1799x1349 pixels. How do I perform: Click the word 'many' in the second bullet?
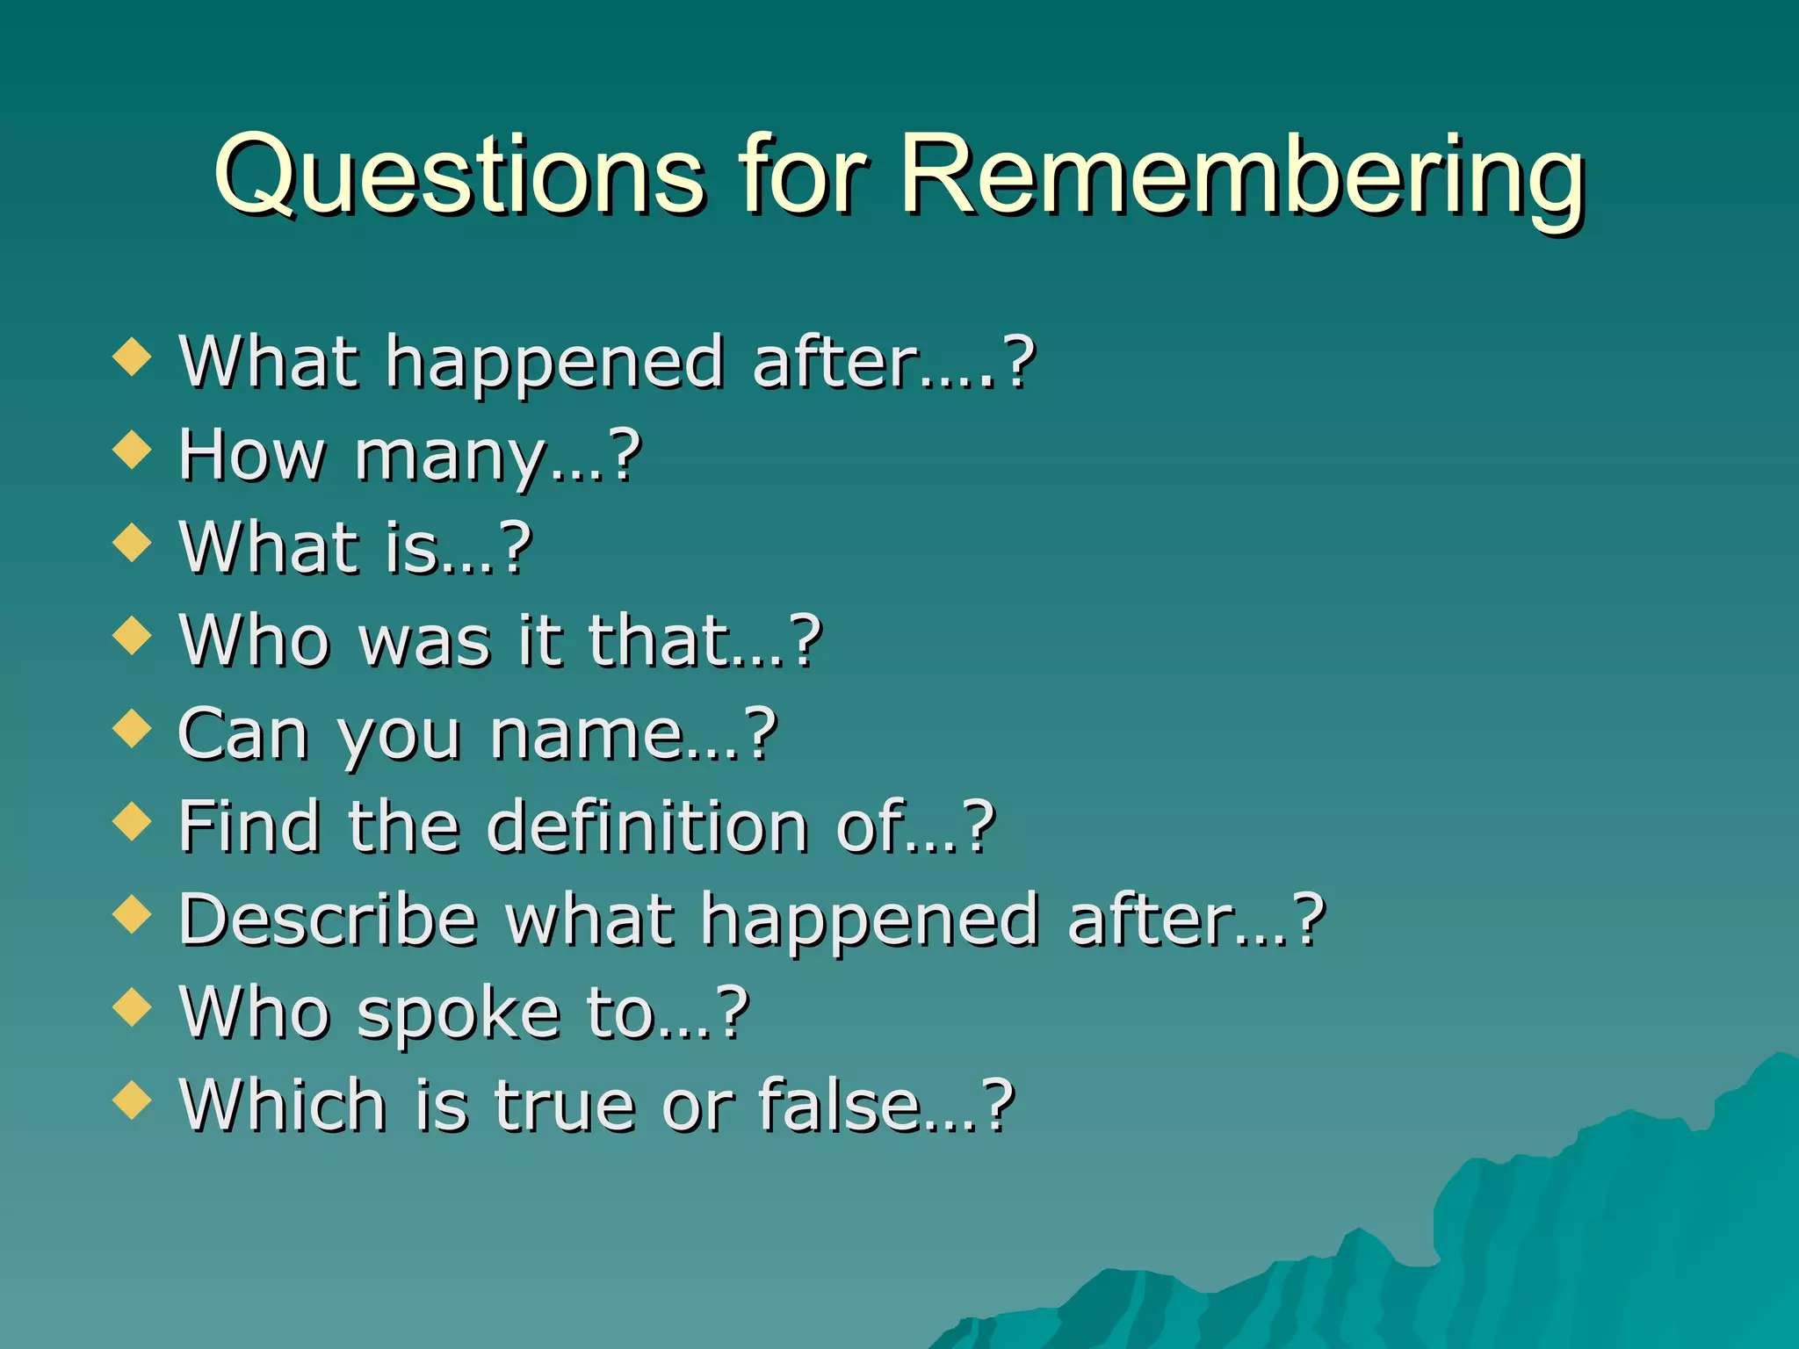tap(450, 457)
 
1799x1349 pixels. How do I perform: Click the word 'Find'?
tap(249, 826)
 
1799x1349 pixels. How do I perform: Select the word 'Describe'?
tap(328, 920)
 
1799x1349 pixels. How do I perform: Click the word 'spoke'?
tap(459, 1014)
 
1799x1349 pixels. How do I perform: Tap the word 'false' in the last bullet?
tap(838, 1105)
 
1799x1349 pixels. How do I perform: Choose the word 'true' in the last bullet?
tap(564, 1105)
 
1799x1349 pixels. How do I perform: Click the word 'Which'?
tap(282, 1105)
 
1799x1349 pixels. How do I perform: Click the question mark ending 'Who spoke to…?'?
tap(732, 1013)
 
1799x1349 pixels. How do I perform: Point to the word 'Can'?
tap(242, 734)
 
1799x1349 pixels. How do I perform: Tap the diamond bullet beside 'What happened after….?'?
tap(133, 357)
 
